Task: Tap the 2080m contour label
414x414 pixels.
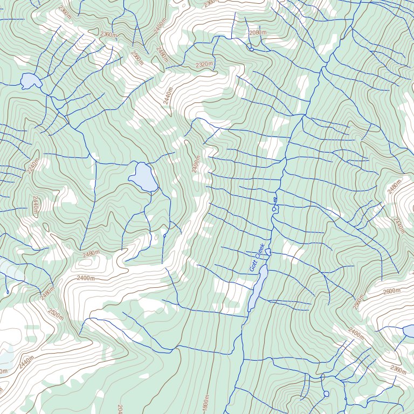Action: pos(258,33)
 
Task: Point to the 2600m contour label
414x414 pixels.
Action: pos(391,291)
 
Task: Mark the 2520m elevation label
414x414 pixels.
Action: pos(56,314)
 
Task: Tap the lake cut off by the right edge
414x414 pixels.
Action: pos(409,329)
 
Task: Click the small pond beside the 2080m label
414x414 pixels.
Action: pos(251,50)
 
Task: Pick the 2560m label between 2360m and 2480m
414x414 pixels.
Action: pos(137,56)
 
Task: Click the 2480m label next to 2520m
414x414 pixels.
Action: pos(47,294)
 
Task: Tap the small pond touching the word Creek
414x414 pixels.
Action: pos(267,252)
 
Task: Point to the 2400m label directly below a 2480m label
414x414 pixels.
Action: pos(86,278)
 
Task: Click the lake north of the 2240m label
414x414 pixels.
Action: pos(31,81)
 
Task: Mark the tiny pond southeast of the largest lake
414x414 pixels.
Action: pos(164,235)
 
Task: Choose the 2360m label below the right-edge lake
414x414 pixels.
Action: pos(398,370)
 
